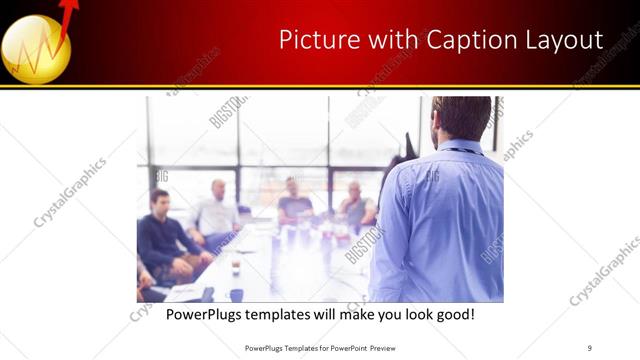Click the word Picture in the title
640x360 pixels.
tap(312, 40)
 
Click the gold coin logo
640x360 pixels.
tap(36, 49)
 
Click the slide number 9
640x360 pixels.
tap(590, 347)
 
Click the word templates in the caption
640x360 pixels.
tap(290, 314)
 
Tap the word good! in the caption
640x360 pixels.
tap(453, 314)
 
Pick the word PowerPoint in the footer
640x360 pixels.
tap(345, 347)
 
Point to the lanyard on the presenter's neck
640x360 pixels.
tap(463, 151)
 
